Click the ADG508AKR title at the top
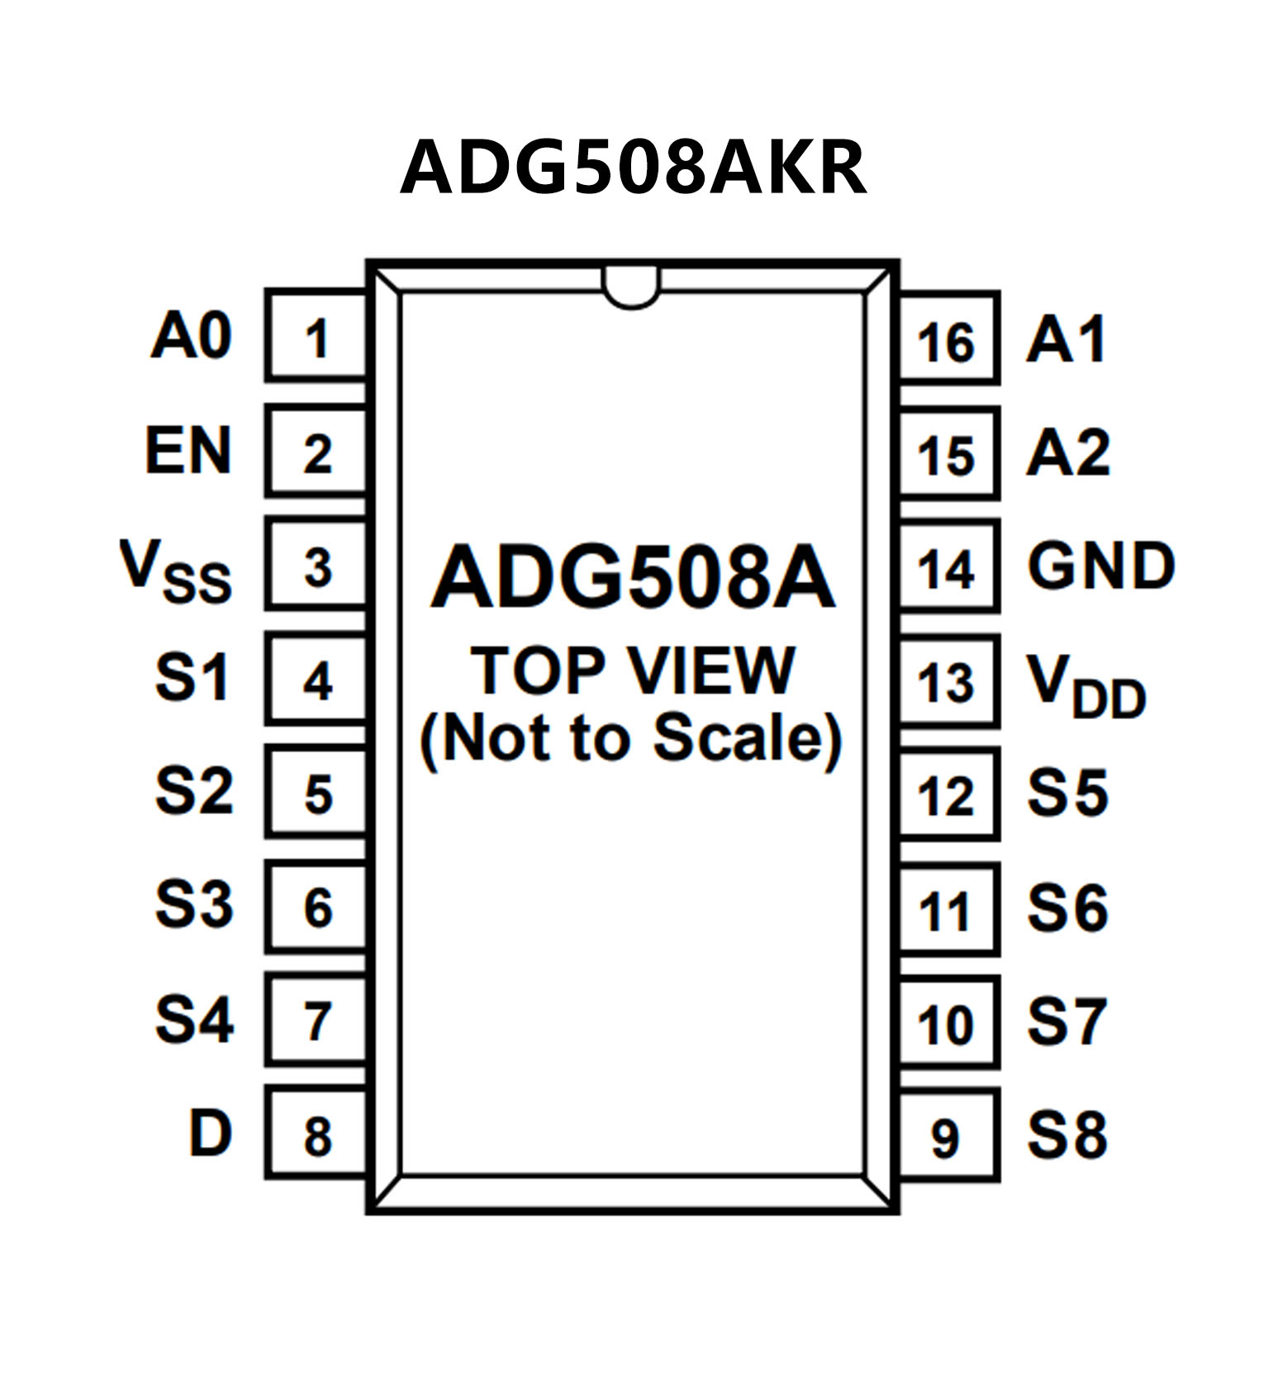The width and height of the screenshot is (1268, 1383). click(x=634, y=167)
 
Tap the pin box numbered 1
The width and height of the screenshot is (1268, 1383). click(x=316, y=335)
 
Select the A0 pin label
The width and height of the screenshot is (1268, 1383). click(x=191, y=336)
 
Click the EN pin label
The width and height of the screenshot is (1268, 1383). click(x=188, y=451)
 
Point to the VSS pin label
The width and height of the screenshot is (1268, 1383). click(x=176, y=570)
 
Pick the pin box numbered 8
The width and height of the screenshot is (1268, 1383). click(x=316, y=1133)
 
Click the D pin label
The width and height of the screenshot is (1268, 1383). click(x=210, y=1133)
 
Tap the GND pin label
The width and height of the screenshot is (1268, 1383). click(x=1101, y=566)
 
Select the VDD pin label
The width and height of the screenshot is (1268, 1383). click(x=1086, y=685)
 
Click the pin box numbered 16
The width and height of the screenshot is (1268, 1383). click(x=949, y=338)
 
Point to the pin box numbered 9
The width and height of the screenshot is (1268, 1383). click(x=949, y=1134)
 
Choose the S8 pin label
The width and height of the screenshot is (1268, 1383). click(x=1066, y=1134)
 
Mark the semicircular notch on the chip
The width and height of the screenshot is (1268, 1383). click(x=632, y=287)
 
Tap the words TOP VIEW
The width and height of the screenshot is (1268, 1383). click(x=633, y=670)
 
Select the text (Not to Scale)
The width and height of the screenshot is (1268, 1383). click(x=632, y=739)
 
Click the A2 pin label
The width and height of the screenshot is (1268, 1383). click(x=1068, y=452)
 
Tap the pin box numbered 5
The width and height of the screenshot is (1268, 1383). click(x=316, y=791)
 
